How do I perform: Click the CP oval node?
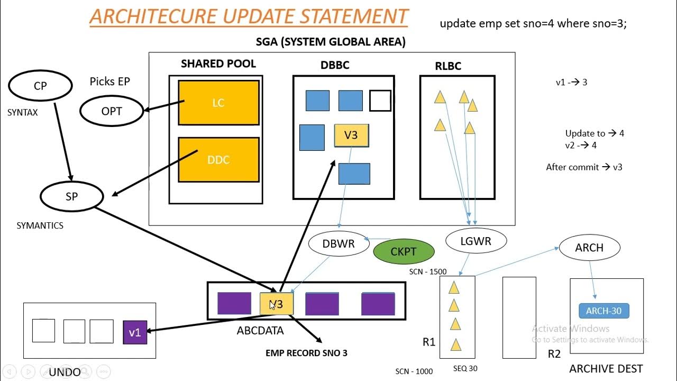[40, 86]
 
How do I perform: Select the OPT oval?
[112, 111]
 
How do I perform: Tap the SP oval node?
[71, 196]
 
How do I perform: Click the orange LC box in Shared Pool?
[218, 103]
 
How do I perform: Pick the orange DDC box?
[218, 160]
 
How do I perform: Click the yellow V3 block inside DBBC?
[351, 135]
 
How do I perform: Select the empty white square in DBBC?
[380, 101]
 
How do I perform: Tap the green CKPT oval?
[404, 252]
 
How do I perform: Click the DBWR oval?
[338, 244]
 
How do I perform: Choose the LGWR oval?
[476, 241]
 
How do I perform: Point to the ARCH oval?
[589, 248]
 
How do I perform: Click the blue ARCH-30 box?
[603, 311]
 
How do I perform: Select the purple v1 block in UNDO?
[135, 332]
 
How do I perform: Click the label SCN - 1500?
[427, 271]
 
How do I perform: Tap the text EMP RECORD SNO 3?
[306, 353]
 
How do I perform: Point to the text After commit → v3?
[584, 167]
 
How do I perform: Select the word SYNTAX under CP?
[23, 113]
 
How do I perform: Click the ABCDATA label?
[260, 331]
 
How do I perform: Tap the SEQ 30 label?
[465, 368]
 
